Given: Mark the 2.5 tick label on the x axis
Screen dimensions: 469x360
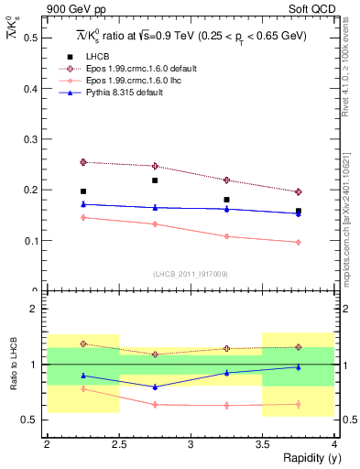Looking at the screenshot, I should pyautogui.click(x=118, y=444).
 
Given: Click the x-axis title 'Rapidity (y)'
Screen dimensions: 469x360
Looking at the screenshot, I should pyautogui.click(x=307, y=458).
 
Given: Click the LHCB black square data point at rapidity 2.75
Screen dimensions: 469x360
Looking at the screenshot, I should pyautogui.click(x=155, y=180).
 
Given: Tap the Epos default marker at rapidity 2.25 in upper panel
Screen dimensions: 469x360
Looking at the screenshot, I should pyautogui.click(x=83, y=162).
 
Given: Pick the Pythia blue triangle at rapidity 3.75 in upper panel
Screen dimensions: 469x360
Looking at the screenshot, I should pyautogui.click(x=299, y=213).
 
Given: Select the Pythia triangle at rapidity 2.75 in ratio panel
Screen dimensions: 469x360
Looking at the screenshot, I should pyautogui.click(x=155, y=387).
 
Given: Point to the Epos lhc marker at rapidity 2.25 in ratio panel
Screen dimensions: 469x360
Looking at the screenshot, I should pyautogui.click(x=83, y=388).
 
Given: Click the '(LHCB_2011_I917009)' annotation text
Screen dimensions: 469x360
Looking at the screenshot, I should pyautogui.click(x=191, y=274).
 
